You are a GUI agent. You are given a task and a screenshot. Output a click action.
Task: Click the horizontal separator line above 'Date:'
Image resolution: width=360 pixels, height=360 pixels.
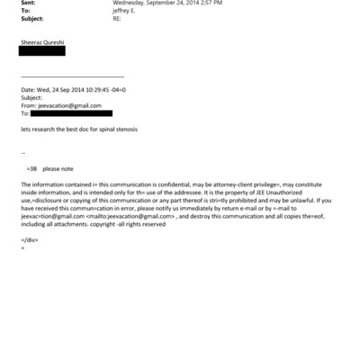click(72, 77)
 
